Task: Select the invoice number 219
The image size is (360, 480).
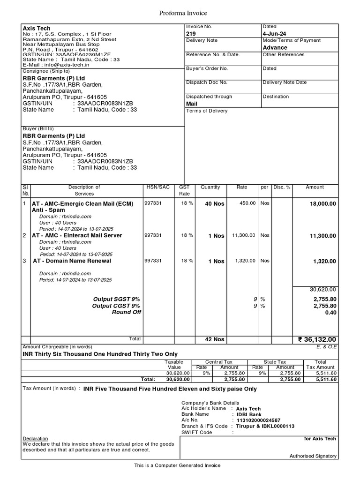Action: pyautogui.click(x=191, y=34)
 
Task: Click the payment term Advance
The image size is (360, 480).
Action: pyautogui.click(x=275, y=47)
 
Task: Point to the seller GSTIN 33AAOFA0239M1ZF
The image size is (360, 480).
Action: pyautogui.click(x=83, y=54)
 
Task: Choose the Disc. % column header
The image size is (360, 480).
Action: pyautogui.click(x=282, y=187)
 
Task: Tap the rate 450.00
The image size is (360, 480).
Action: pyautogui.click(x=247, y=203)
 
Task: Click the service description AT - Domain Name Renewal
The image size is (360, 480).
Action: pyautogui.click(x=72, y=261)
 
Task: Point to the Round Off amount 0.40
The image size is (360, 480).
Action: pyautogui.click(x=330, y=313)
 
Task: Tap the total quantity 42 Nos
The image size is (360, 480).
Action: pyautogui.click(x=215, y=339)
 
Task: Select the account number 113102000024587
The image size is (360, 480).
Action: pyautogui.click(x=258, y=420)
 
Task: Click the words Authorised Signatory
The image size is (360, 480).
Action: pyautogui.click(x=313, y=456)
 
